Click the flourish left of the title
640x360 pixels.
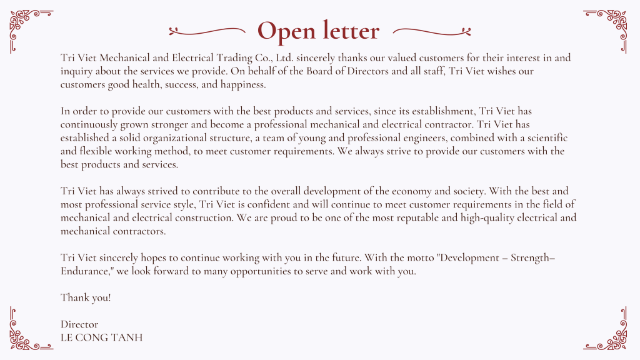tap(207, 30)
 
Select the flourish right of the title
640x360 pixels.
tap(432, 30)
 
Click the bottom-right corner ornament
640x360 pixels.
tap(609, 331)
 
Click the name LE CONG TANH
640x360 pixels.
tap(101, 337)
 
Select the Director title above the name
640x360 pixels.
tap(79, 324)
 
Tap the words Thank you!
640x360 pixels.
tap(86, 297)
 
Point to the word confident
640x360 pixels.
tap(263, 204)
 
